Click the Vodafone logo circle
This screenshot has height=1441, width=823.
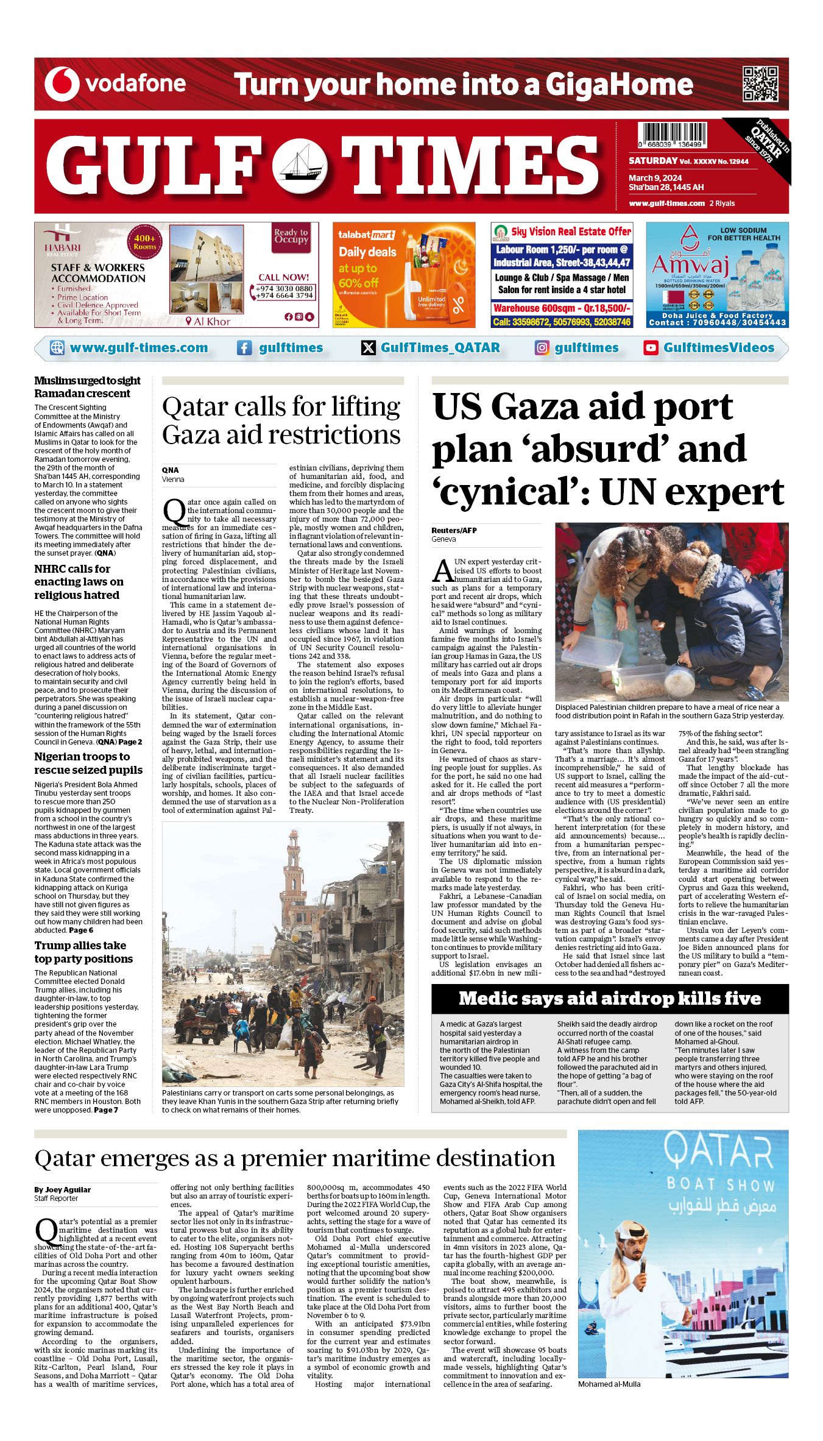[62, 84]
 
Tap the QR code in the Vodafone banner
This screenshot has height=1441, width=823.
[760, 84]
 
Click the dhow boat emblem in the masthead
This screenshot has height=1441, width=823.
[299, 165]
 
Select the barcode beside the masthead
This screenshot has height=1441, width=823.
[672, 135]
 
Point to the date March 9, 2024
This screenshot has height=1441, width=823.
[655, 178]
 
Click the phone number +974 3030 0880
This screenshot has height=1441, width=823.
[284, 288]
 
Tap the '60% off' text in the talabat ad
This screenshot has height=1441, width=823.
[358, 283]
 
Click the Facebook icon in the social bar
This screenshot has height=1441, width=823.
[244, 348]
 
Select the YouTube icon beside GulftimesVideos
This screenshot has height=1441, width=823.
[651, 348]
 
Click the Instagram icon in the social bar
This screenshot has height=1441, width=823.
[542, 348]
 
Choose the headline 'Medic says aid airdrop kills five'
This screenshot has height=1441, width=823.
[609, 998]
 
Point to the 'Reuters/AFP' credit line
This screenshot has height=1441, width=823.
[454, 530]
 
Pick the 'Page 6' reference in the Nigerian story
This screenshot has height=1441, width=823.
[81, 930]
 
